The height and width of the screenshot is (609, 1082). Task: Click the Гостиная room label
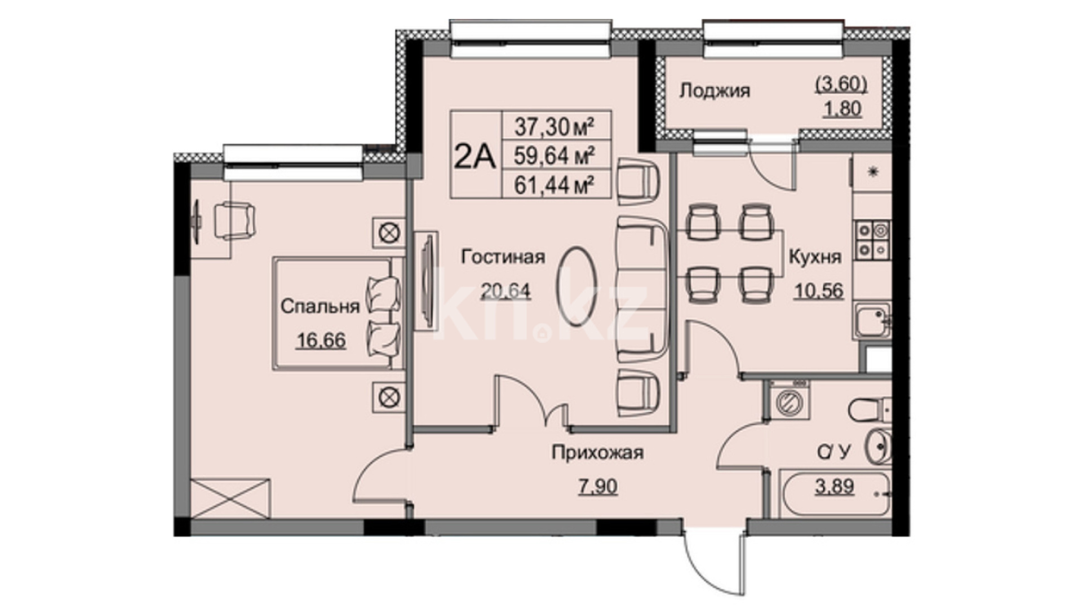click(x=503, y=257)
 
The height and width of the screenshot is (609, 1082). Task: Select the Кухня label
click(x=815, y=257)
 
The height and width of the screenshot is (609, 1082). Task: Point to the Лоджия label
click(x=715, y=90)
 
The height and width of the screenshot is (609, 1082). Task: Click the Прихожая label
click(x=598, y=452)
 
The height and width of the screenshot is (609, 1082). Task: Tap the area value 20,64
click(x=505, y=290)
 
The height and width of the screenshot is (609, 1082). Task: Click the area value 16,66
click(x=321, y=341)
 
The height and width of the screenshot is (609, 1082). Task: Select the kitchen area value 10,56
click(x=819, y=291)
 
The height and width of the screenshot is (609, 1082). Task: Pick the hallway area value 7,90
click(x=598, y=486)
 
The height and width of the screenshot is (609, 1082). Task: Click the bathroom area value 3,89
click(x=835, y=486)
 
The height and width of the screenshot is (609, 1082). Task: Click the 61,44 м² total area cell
click(x=555, y=184)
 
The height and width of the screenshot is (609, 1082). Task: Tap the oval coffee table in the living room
click(x=577, y=286)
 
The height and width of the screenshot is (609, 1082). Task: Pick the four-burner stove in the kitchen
click(x=872, y=240)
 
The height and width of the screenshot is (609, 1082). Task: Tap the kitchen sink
click(x=872, y=320)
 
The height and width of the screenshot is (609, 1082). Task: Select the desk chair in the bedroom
click(x=234, y=220)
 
